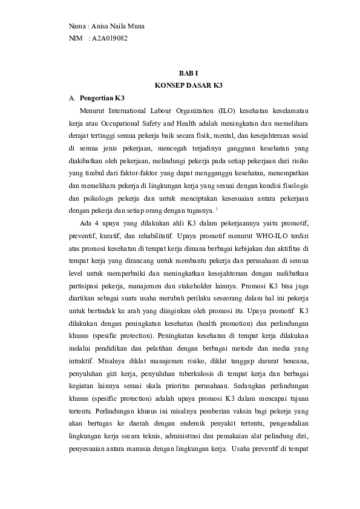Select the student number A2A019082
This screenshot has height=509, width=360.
(x=110, y=38)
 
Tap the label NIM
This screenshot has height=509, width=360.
(x=76, y=38)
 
